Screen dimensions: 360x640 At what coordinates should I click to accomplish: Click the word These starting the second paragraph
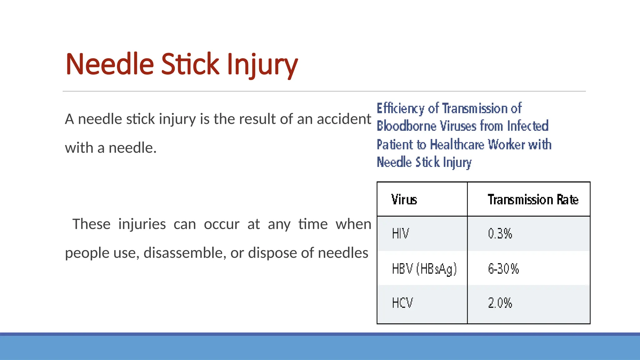91,224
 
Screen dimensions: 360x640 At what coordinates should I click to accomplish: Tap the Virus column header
404,199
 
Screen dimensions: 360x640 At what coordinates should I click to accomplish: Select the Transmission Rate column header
533,199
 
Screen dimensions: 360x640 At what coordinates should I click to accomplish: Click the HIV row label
400,233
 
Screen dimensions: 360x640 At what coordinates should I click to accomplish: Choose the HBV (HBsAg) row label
424,268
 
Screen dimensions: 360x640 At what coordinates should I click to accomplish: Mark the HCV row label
402,303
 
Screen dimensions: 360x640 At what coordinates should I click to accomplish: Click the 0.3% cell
500,233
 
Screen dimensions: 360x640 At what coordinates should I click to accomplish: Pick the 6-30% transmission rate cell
503,268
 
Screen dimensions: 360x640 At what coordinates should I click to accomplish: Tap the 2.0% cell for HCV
500,303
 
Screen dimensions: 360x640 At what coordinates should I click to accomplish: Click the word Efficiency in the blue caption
400,108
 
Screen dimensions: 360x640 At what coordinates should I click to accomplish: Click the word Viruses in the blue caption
458,126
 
